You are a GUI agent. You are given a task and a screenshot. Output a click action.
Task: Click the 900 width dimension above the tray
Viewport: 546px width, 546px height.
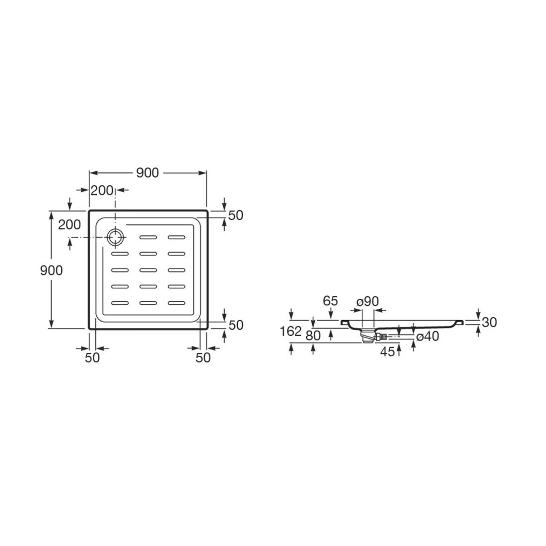tap(147, 173)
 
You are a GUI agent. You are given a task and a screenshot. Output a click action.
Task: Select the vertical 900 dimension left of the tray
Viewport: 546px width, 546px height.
tap(52, 270)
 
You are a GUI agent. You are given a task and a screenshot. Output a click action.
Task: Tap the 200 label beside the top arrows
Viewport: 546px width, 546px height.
tap(102, 191)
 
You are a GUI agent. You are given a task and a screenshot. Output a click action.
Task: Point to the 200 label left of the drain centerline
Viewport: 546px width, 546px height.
tap(69, 224)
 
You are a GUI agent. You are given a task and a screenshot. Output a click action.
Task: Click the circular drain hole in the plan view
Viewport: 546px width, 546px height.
tap(115, 237)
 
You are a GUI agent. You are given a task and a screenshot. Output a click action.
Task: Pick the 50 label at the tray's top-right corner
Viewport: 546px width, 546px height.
tap(236, 215)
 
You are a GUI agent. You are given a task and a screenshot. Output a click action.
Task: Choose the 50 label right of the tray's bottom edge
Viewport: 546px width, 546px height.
tap(236, 325)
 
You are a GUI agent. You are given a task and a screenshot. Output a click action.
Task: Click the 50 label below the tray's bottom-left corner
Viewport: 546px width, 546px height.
tap(92, 357)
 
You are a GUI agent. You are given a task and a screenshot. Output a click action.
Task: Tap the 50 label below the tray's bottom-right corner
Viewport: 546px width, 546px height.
tap(203, 357)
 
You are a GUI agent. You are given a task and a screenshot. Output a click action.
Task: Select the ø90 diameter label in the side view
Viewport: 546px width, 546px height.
tap(367, 301)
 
